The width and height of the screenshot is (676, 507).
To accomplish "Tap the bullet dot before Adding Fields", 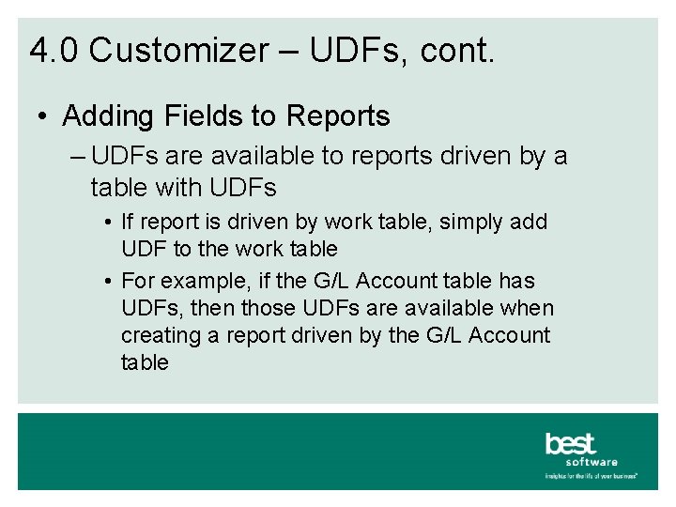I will point(44,117).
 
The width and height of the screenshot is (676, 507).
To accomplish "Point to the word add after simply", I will point(530,223).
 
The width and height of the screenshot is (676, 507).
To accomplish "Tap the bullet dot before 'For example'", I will point(110,282).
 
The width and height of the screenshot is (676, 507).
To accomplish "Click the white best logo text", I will point(571,443).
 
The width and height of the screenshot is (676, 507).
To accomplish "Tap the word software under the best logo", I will point(591,462).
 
